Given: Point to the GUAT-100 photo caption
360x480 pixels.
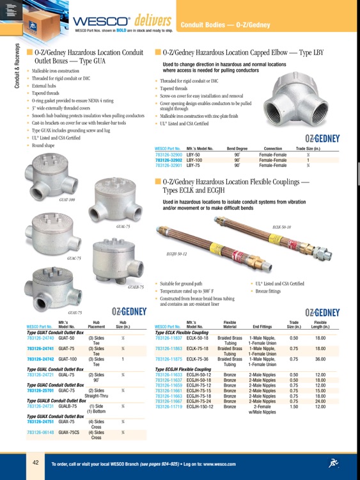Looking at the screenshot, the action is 67,200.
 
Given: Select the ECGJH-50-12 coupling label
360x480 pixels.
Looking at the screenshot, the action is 176,254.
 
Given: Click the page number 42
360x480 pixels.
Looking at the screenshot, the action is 37,463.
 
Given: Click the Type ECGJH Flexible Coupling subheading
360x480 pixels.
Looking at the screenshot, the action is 183,369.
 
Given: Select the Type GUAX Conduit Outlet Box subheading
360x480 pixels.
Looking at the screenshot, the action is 56,416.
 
